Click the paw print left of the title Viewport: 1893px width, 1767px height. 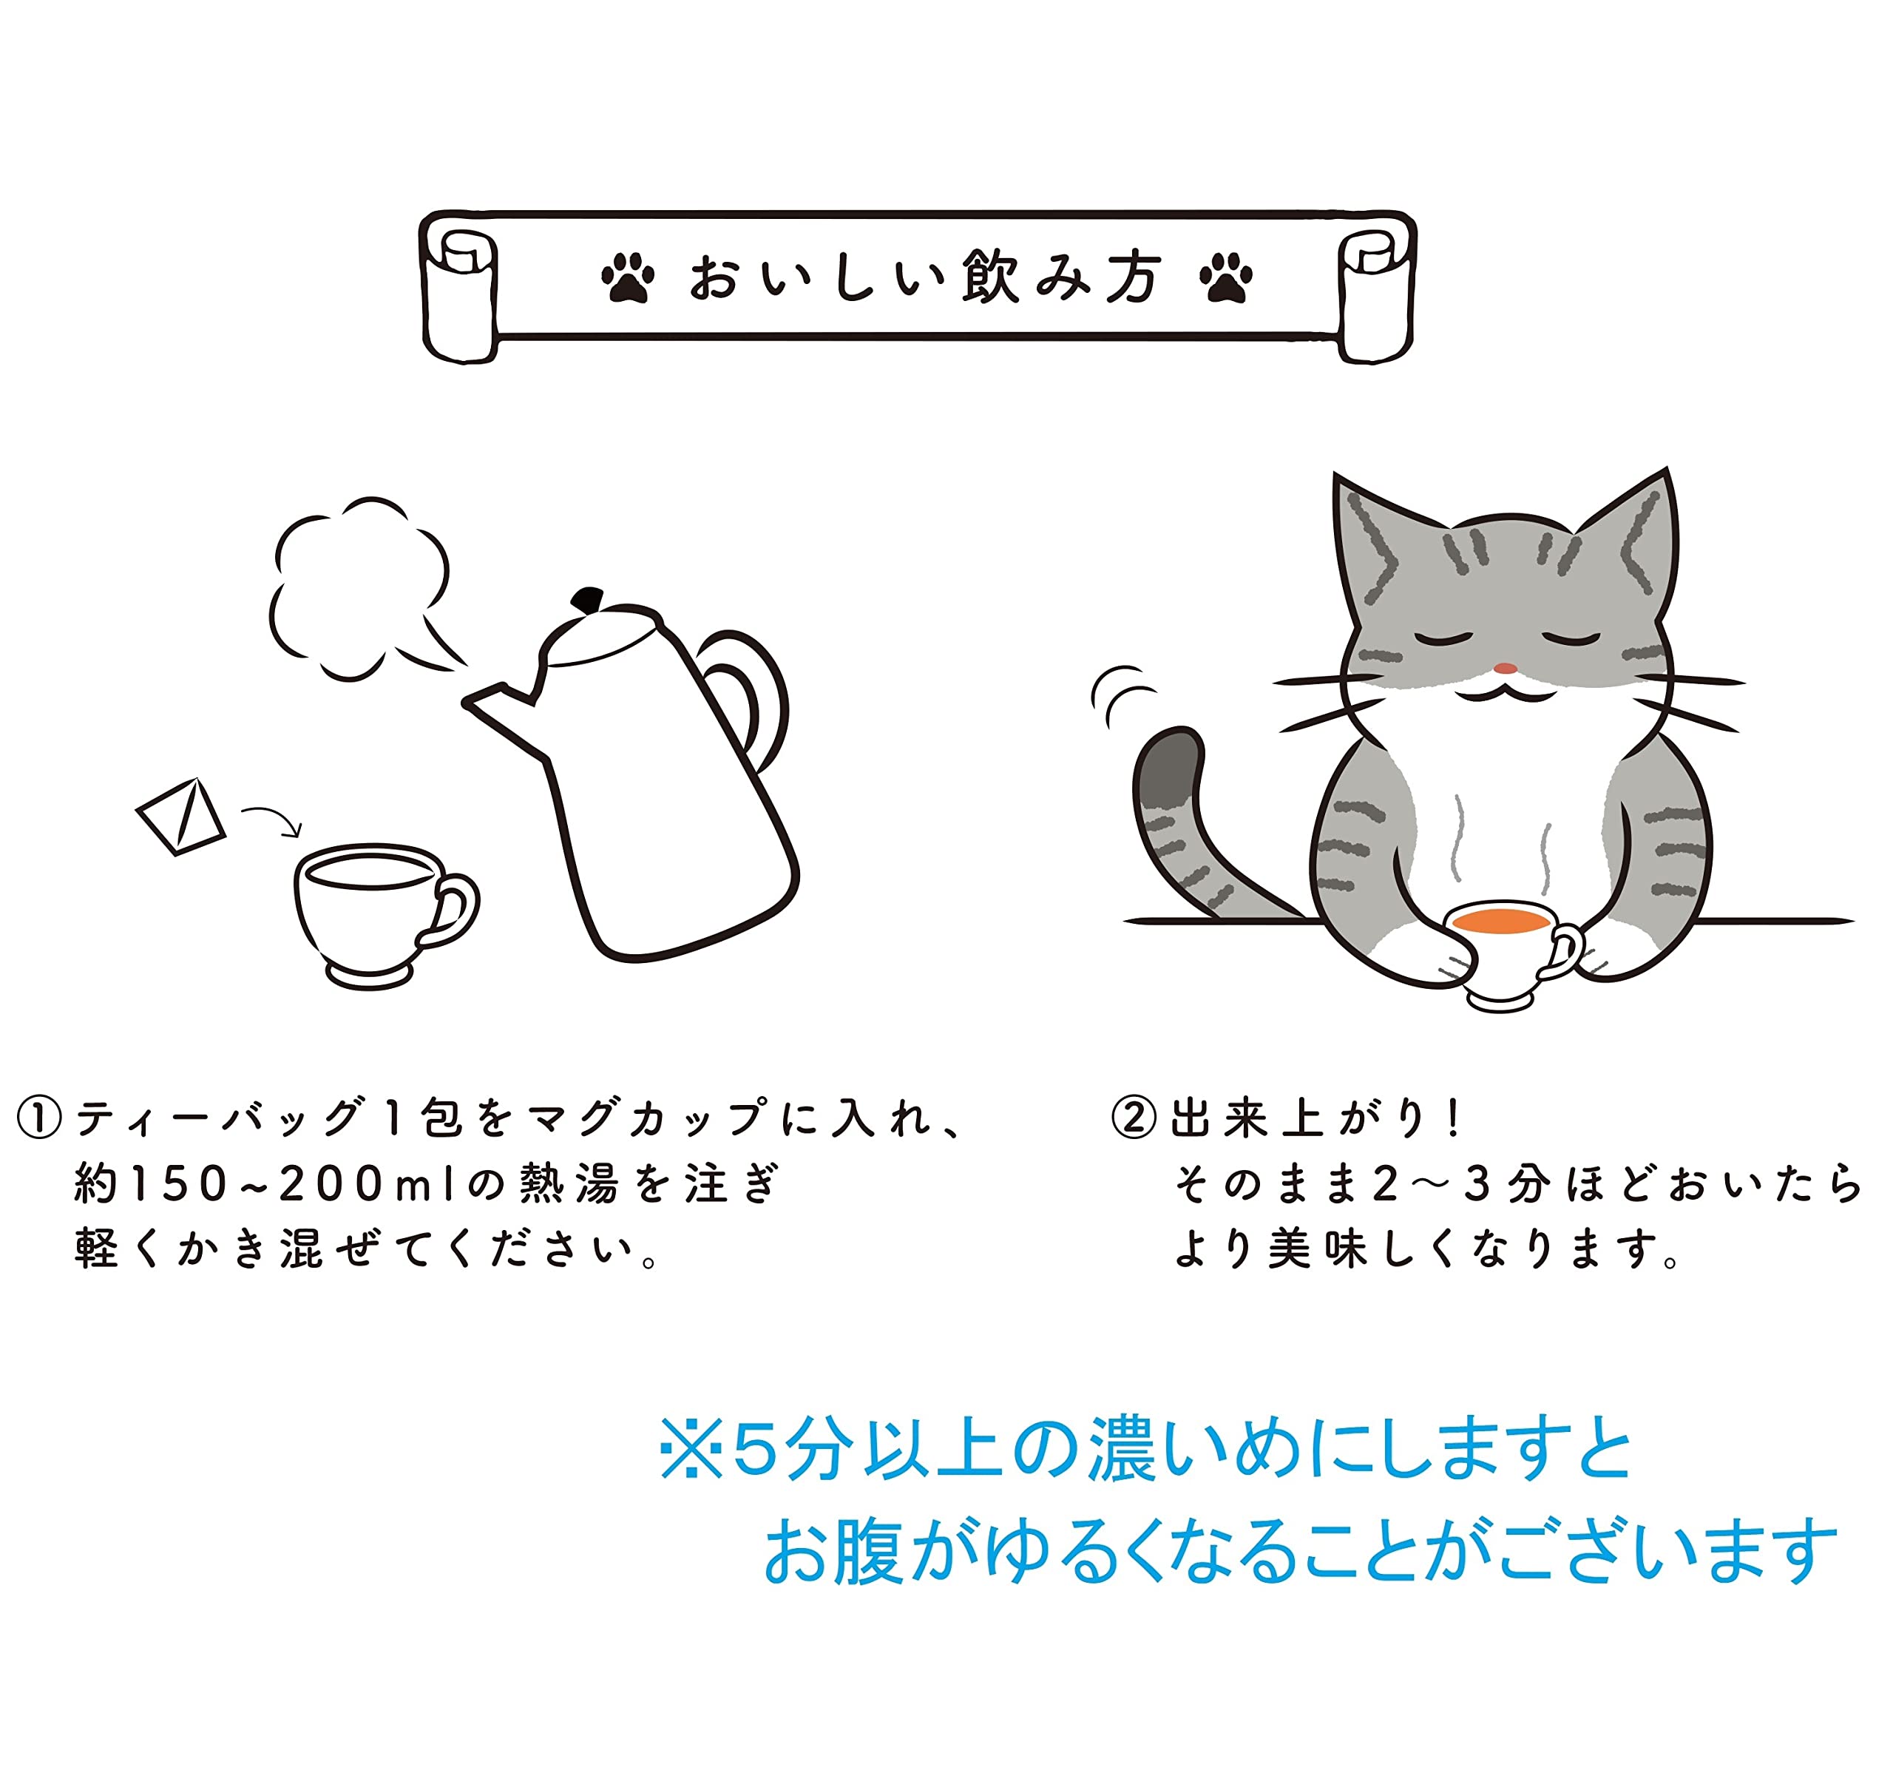click(x=628, y=277)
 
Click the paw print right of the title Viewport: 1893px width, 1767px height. click(x=1227, y=277)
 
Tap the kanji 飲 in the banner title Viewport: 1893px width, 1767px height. click(x=989, y=277)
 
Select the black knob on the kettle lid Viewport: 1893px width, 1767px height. click(x=588, y=599)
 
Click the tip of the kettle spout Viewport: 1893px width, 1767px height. click(x=467, y=703)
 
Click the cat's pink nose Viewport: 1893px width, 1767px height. click(x=1505, y=668)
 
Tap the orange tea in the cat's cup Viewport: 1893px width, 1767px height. click(x=1503, y=921)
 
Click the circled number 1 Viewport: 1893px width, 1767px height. click(x=40, y=1118)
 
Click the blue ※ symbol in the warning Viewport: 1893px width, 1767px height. click(x=691, y=1450)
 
